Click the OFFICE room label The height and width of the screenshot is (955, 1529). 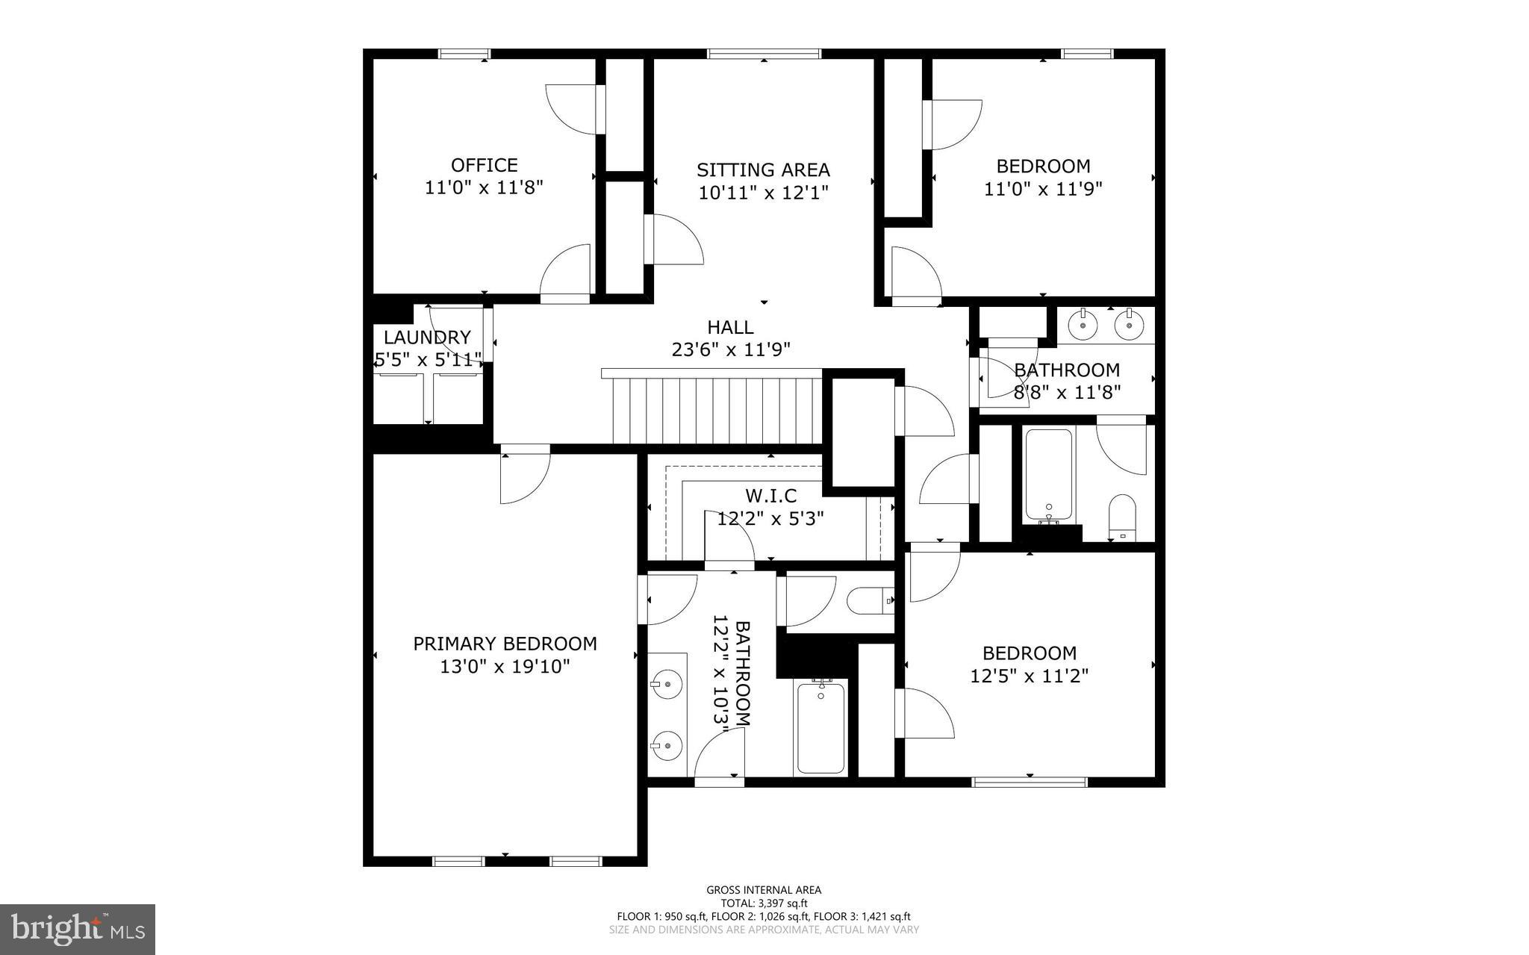pos(484,165)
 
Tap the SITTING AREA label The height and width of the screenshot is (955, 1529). pos(763,170)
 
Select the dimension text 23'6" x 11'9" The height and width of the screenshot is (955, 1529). pos(730,349)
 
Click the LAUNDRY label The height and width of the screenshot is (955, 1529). pos(427,337)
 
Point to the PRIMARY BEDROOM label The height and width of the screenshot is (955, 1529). pos(505,644)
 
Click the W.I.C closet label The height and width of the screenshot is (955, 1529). pos(770,496)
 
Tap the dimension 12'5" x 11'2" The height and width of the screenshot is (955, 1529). pos(1029,676)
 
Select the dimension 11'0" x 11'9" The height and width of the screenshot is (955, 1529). pos(1043,189)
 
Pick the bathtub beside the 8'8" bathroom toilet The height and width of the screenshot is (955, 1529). pos(1048,474)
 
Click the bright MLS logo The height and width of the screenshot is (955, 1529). pos(78,929)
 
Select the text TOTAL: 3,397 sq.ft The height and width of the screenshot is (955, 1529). pos(764,903)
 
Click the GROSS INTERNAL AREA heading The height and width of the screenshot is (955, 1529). pos(764,890)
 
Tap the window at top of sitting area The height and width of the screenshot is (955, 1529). pos(764,54)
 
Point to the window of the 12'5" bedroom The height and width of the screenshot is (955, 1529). pos(1029,782)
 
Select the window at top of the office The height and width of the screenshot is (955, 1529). pos(464,54)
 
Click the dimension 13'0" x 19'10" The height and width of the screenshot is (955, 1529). pos(505,666)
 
